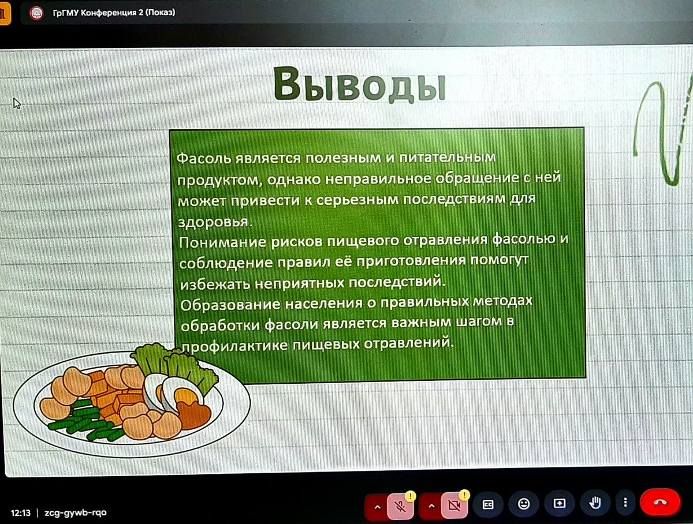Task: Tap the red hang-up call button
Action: (x=660, y=503)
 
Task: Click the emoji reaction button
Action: (x=524, y=504)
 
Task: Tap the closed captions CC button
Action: (x=489, y=504)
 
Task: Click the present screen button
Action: (x=559, y=503)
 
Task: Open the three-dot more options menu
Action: (x=625, y=503)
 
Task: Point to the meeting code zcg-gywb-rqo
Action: (x=76, y=512)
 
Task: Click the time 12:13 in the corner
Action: (x=21, y=512)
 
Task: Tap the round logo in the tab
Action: (x=36, y=12)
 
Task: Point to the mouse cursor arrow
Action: (x=17, y=103)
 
